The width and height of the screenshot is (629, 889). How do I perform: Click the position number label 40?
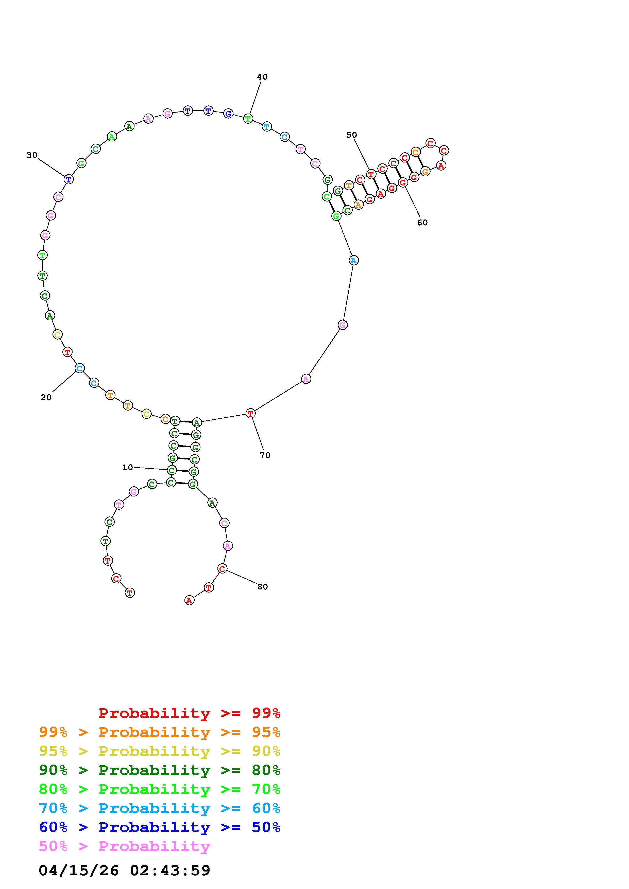point(262,77)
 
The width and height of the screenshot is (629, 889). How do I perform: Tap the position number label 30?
point(32,155)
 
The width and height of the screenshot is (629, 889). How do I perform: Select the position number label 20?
point(46,397)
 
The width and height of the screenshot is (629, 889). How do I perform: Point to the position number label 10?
point(128,467)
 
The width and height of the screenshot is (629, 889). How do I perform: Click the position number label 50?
point(351,135)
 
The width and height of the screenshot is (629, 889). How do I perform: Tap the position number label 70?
point(265,456)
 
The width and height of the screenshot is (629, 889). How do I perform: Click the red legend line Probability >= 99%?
point(190,713)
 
